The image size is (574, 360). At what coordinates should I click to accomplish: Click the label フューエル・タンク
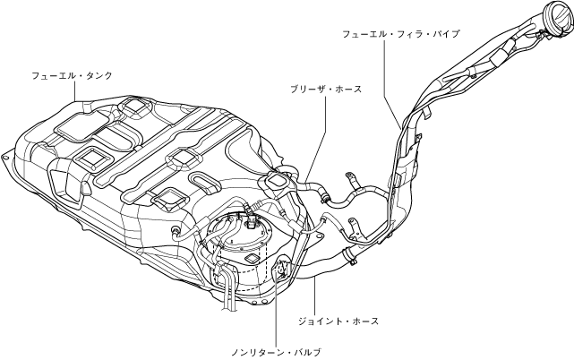[72, 76]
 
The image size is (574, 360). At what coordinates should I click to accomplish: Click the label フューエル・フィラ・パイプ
[401, 33]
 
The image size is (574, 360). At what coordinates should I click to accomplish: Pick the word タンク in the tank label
[99, 76]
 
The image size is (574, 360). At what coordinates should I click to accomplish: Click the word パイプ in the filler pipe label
[445, 33]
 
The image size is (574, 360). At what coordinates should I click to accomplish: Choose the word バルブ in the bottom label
[306, 352]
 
